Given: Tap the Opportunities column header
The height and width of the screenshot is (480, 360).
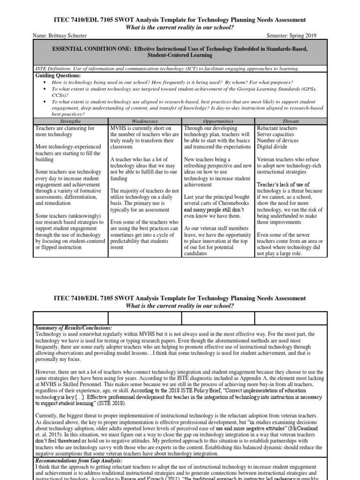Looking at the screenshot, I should [x=218, y=121].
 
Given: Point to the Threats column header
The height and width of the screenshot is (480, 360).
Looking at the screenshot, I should [x=291, y=121].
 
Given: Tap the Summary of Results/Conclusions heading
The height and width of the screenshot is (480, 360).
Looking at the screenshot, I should [x=74, y=327].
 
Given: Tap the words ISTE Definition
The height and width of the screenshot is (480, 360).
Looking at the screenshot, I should [x=53, y=68].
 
